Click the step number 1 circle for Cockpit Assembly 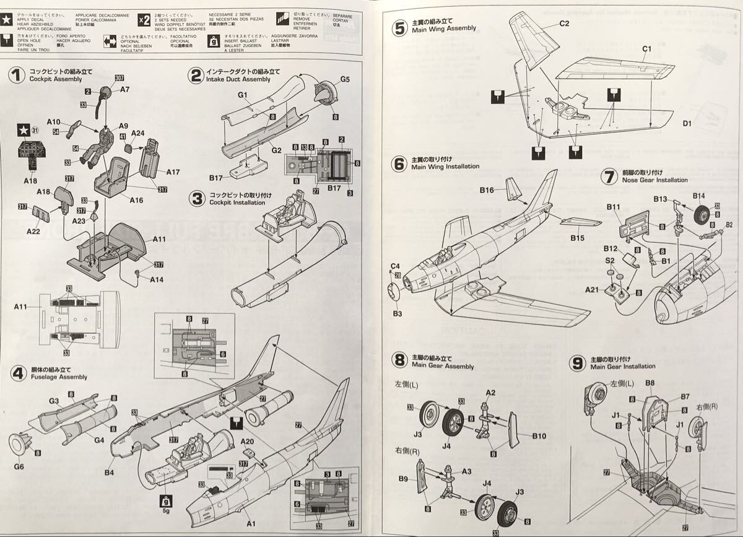click(x=17, y=76)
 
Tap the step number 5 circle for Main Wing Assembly click(x=400, y=28)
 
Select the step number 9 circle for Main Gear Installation click(x=577, y=363)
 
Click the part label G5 click(x=345, y=79)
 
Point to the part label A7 click(x=124, y=90)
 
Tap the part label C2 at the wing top click(x=563, y=24)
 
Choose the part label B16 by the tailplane click(x=486, y=191)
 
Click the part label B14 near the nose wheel click(x=698, y=196)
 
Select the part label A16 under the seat click(x=136, y=200)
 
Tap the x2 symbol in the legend click(x=144, y=20)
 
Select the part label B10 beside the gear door click(x=539, y=436)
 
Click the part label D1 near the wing click(x=687, y=124)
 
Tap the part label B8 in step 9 click(x=650, y=383)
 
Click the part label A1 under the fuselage click(x=250, y=524)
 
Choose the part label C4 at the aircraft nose click(x=395, y=267)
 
